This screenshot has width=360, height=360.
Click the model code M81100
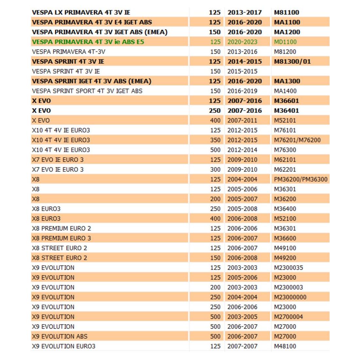click(x=286, y=12)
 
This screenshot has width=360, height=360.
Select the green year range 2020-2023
click(x=242, y=42)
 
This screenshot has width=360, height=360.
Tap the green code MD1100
click(x=285, y=42)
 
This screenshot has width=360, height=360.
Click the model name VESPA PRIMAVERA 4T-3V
click(x=69, y=52)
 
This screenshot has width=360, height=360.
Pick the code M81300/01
click(x=292, y=62)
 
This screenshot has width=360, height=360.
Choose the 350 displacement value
click(x=215, y=140)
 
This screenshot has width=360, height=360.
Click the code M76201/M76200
click(x=297, y=140)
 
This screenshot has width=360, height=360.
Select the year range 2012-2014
click(x=242, y=150)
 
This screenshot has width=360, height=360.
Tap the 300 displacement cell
click(x=215, y=170)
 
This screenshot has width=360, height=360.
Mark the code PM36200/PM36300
click(x=300, y=179)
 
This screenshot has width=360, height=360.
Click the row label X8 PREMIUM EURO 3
click(x=62, y=238)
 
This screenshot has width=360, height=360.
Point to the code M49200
click(x=285, y=258)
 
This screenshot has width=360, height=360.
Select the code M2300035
click(x=288, y=268)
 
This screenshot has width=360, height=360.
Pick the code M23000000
click(x=290, y=297)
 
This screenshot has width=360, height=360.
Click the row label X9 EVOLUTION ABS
click(x=60, y=336)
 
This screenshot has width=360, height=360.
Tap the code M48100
click(x=285, y=346)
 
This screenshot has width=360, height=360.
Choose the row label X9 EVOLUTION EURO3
click(x=63, y=346)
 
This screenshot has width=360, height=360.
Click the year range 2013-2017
click(x=244, y=12)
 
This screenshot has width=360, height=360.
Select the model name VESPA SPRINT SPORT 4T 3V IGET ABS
click(x=87, y=91)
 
